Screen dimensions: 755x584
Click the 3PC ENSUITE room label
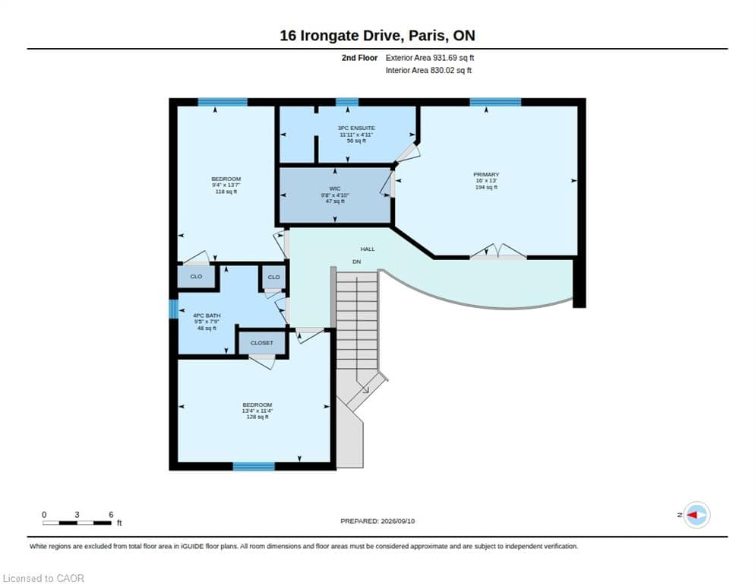click(x=356, y=129)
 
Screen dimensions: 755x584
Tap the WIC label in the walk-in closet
click(x=335, y=189)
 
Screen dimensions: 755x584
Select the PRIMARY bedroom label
click(x=486, y=175)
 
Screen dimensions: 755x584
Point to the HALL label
click(x=368, y=249)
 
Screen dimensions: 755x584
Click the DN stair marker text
click(x=356, y=262)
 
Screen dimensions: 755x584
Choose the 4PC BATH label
click(x=207, y=316)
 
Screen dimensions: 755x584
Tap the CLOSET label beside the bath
click(x=262, y=343)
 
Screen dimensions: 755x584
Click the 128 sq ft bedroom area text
click(x=257, y=417)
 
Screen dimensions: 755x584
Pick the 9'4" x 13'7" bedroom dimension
click(x=226, y=186)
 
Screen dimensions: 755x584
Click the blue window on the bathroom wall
click(x=174, y=309)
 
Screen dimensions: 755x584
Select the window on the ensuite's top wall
click(x=347, y=102)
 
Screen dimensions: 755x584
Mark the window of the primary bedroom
click(x=495, y=102)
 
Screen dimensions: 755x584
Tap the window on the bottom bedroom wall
click(x=254, y=466)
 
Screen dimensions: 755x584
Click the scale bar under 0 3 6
click(x=77, y=522)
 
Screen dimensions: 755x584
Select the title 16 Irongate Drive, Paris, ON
click(x=377, y=36)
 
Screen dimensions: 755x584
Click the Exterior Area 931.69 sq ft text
click(x=429, y=58)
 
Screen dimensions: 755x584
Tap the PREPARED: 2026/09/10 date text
click(x=377, y=522)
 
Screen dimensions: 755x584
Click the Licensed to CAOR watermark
click(x=43, y=578)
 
